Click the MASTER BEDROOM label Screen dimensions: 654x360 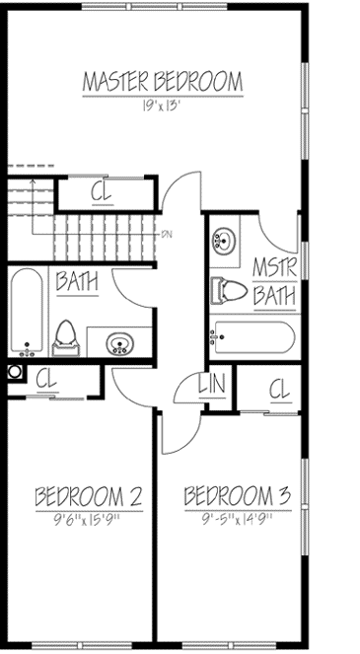163,81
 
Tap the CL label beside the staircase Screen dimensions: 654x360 102,191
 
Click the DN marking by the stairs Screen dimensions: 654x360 168,235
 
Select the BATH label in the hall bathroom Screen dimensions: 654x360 77,281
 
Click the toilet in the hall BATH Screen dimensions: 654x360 66,335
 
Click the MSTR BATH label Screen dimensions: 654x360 273,281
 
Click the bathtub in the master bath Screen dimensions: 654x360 251,338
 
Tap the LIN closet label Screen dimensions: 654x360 210,385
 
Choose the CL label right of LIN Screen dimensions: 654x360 278,390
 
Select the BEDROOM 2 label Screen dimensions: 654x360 88,494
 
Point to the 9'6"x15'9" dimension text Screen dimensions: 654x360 88,518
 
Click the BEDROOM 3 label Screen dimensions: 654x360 237,494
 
